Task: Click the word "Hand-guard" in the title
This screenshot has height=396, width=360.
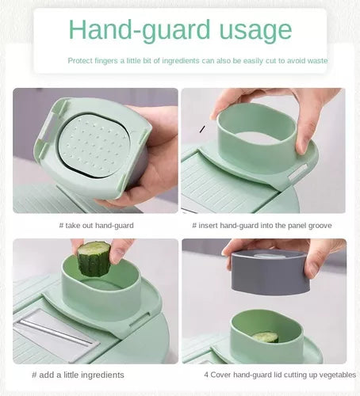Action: (140, 31)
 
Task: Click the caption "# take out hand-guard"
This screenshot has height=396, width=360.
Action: (97, 226)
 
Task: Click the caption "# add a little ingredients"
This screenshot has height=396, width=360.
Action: (78, 375)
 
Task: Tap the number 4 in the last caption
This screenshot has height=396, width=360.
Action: (206, 375)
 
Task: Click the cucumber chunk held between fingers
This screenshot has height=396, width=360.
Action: (94, 259)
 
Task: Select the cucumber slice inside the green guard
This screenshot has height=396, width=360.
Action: (265, 337)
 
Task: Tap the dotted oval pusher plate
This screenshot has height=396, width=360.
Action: (94, 147)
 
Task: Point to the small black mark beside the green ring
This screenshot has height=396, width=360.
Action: (202, 129)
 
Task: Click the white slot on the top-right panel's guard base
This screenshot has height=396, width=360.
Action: (297, 172)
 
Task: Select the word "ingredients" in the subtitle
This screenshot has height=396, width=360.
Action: (181, 61)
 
